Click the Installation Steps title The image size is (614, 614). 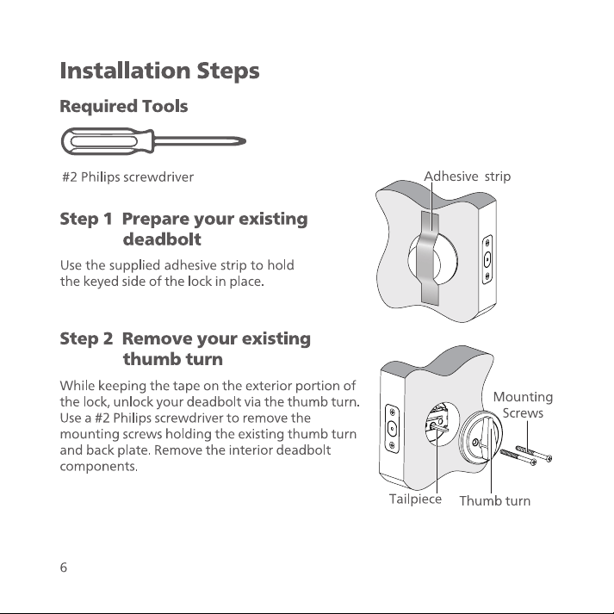point(160,71)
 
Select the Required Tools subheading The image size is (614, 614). point(124,106)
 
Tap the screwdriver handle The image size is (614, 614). point(106,141)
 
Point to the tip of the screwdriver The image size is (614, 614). point(245,141)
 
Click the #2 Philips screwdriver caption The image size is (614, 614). point(128,177)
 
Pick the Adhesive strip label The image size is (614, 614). point(467,177)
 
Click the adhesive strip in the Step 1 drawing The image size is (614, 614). point(429,257)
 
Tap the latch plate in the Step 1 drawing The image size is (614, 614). point(487,259)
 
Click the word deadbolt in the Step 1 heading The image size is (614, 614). point(162,239)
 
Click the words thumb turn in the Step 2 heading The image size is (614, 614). point(173,359)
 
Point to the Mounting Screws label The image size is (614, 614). point(523,405)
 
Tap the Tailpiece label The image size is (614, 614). point(415,499)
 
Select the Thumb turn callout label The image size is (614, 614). point(495,501)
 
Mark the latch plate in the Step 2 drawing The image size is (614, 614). point(393,429)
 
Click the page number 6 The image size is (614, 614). point(64,567)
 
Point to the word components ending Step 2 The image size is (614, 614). point(99,467)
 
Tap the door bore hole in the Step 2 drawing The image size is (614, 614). point(442,424)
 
